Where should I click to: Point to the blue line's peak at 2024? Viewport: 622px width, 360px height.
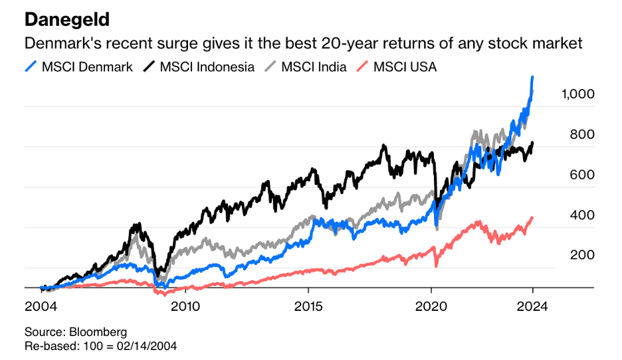tap(532, 78)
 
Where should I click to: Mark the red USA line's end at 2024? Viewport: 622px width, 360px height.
tap(532, 218)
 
